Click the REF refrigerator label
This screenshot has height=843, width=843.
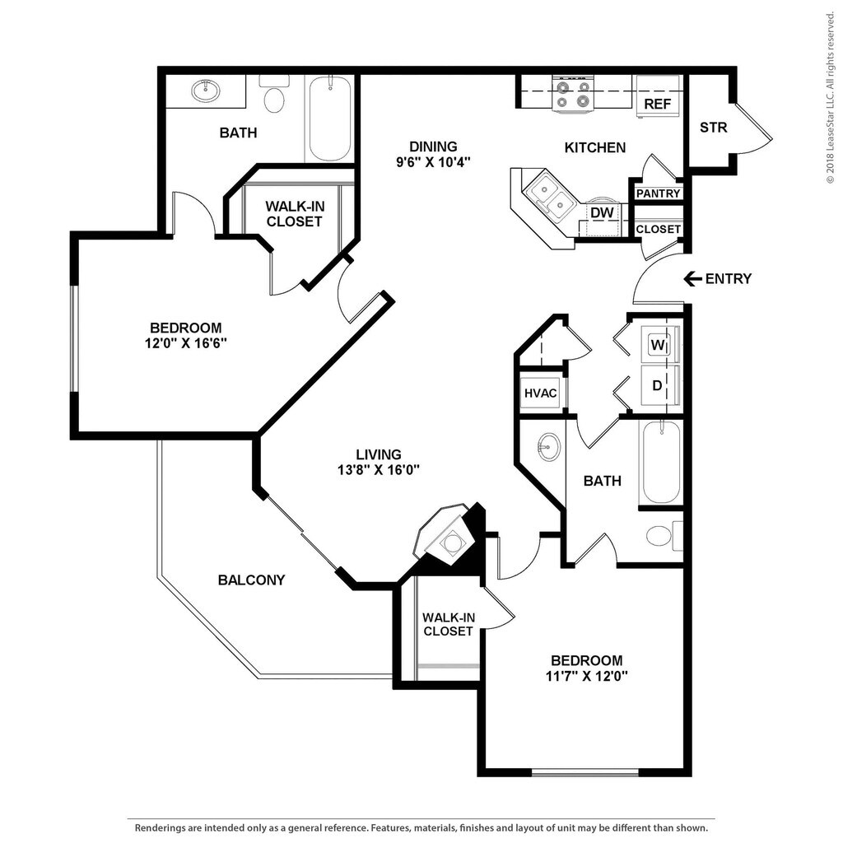pyautogui.click(x=658, y=104)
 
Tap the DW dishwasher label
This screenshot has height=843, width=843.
pyautogui.click(x=602, y=213)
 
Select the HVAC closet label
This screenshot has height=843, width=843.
pyautogui.click(x=540, y=393)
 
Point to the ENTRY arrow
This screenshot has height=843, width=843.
pyautogui.click(x=692, y=278)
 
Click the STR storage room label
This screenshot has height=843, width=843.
pyautogui.click(x=714, y=128)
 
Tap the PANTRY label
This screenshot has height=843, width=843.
pyautogui.click(x=658, y=193)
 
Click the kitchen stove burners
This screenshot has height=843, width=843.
pyautogui.click(x=573, y=94)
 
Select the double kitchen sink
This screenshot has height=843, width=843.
pyautogui.click(x=549, y=198)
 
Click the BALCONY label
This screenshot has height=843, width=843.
pyautogui.click(x=251, y=580)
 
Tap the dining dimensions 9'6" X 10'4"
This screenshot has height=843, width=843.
pyautogui.click(x=433, y=162)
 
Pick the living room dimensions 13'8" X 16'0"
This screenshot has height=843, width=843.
pyautogui.click(x=379, y=470)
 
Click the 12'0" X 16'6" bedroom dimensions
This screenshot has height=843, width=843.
pyautogui.click(x=185, y=343)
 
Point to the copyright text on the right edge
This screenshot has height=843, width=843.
pyautogui.click(x=831, y=92)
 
